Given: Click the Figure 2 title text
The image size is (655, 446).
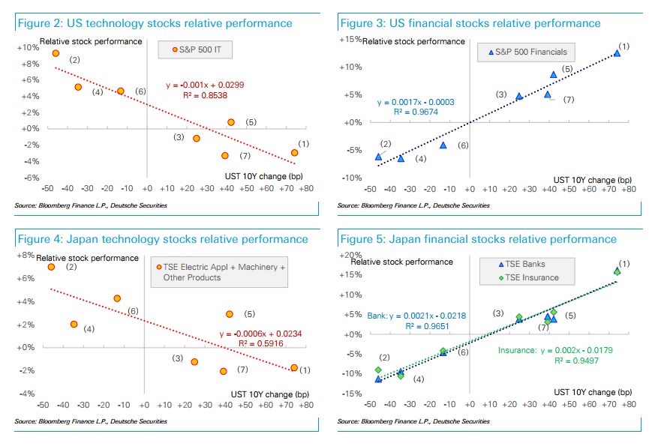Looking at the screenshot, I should pos(154,23).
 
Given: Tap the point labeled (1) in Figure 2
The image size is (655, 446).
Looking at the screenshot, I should pos(294,152).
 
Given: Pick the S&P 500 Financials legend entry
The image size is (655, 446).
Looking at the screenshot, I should pos(528,52).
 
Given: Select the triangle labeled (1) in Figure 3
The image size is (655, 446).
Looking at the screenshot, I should pos(617,53).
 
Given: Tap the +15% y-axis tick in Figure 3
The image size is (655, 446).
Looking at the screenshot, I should pos(351,39).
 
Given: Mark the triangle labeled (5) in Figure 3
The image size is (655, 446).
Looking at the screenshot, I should pos(554,74).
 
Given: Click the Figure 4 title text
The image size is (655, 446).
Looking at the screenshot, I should pos(162,239).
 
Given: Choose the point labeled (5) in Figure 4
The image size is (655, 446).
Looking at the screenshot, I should pos(230,314).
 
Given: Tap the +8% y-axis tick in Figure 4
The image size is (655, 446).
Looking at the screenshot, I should pos(26,256).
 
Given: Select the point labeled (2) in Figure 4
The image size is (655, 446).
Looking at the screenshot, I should pos(51,267).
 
